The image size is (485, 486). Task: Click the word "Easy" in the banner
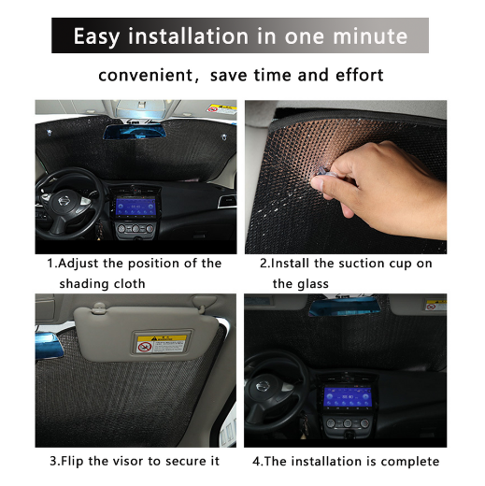[96, 36]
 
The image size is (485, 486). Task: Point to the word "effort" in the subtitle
[360, 75]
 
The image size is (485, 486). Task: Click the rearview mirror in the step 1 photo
[135, 131]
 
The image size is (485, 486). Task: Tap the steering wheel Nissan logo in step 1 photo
[64, 201]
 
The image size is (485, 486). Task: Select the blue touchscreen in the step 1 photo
[136, 206]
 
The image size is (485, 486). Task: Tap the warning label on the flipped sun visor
[162, 344]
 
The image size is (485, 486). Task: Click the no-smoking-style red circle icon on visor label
[144, 347]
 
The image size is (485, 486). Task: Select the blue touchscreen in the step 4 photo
[348, 396]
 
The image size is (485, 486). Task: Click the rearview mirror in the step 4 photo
[345, 307]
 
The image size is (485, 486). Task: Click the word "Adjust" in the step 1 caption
[78, 264]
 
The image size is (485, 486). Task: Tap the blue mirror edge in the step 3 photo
[50, 346]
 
